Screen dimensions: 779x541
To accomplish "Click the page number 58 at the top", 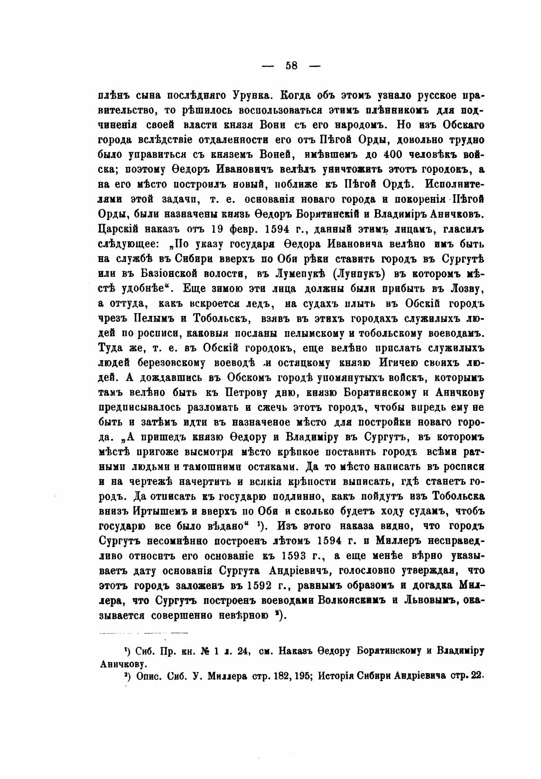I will click(x=291, y=66).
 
